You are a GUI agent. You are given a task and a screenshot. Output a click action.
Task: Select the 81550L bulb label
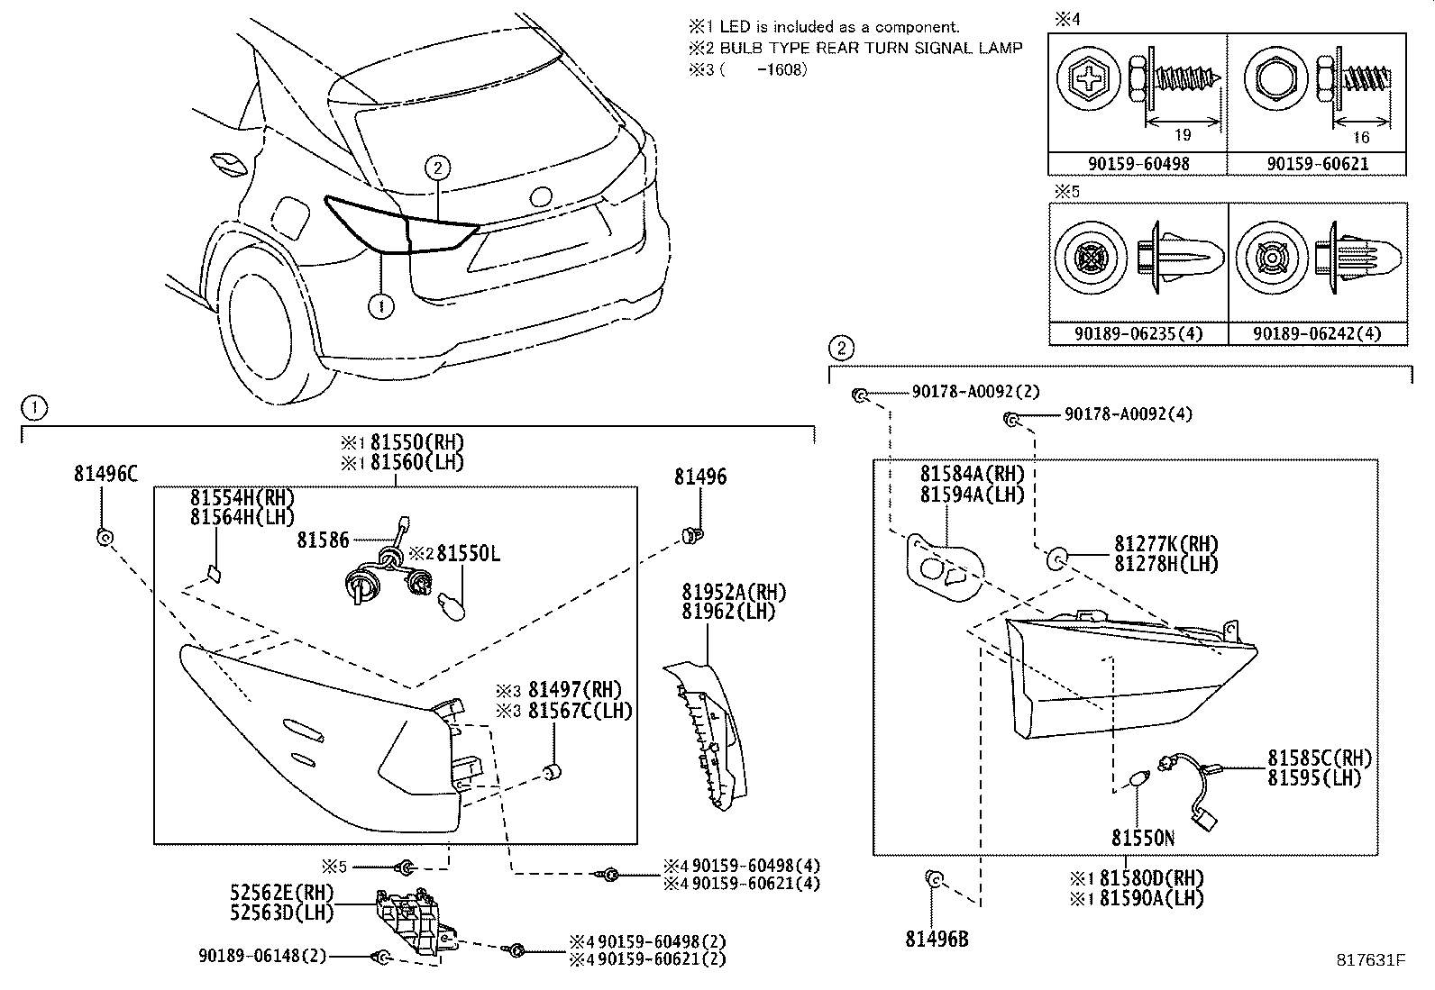coord(468,553)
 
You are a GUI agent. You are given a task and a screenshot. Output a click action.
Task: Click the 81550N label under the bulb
coord(1142,839)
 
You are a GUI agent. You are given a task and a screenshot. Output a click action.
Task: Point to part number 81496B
coord(937,939)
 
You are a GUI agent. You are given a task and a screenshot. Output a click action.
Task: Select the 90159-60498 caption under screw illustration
coord(1138,164)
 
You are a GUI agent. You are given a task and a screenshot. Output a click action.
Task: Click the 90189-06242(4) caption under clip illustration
coord(1317,333)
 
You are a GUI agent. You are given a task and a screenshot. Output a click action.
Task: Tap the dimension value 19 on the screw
coord(1183,135)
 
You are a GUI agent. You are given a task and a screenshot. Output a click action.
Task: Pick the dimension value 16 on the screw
coord(1361,137)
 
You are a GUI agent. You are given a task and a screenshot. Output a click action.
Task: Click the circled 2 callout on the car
coord(437,168)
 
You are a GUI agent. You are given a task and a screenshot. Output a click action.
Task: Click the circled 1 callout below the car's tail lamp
coord(382,306)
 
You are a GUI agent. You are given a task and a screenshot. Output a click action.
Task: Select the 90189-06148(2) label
coord(262,956)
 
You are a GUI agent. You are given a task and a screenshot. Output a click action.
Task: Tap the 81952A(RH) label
coord(734,592)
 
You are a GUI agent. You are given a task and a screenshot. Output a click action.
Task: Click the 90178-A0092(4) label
coord(1128,413)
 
